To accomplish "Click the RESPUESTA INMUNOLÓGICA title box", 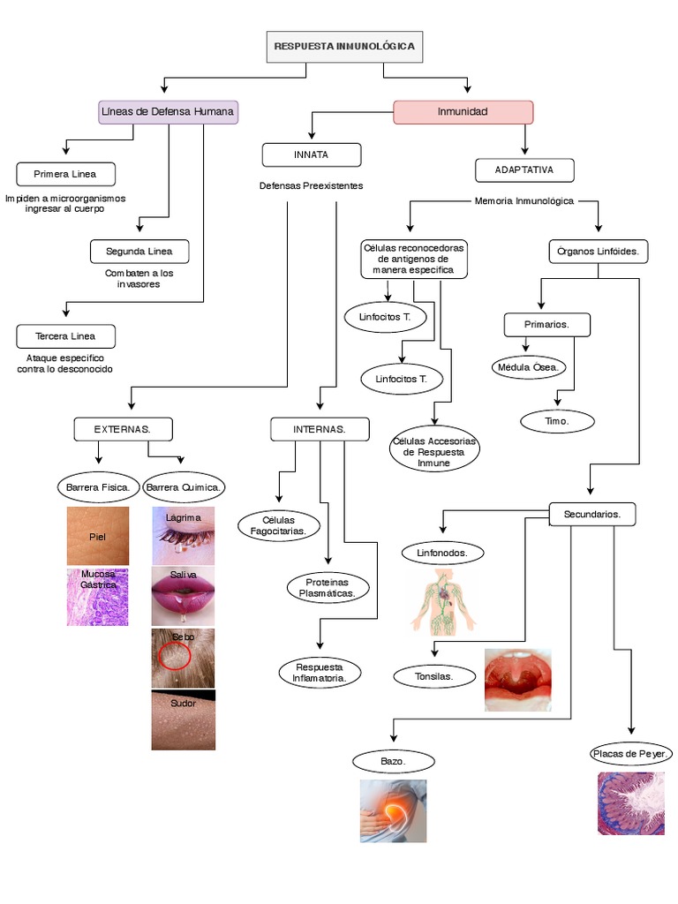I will (344, 47).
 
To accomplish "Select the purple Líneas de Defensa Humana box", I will (168, 112).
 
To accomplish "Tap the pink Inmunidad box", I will (463, 112).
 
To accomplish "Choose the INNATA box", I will (311, 154).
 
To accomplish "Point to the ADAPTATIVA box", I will (524, 169).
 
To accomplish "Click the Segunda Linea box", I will (139, 252).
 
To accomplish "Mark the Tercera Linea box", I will (65, 336).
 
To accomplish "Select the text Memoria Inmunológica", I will (524, 201).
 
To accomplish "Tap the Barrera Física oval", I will (98, 486).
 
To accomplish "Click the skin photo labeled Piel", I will (98, 536).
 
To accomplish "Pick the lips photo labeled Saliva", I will (184, 596).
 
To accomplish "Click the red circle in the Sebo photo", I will (174, 655).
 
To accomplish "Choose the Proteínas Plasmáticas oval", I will (328, 588).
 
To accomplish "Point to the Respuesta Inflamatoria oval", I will (320, 672).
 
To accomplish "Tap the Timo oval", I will (557, 422).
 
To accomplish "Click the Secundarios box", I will (592, 514).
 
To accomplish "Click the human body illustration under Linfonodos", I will (443, 602).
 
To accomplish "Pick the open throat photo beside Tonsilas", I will (518, 680).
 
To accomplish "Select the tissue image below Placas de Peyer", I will (631, 803).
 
